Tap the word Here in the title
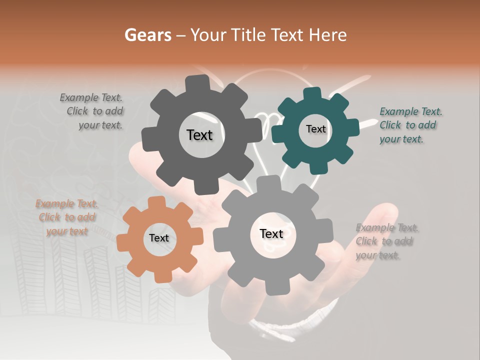[327, 35]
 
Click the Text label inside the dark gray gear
[199, 135]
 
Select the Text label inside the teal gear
[315, 129]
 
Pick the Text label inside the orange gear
[159, 238]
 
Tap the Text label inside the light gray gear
[271, 233]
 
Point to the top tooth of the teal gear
[311, 93]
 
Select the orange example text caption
[67, 217]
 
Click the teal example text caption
[410, 125]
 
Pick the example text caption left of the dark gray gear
[93, 111]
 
